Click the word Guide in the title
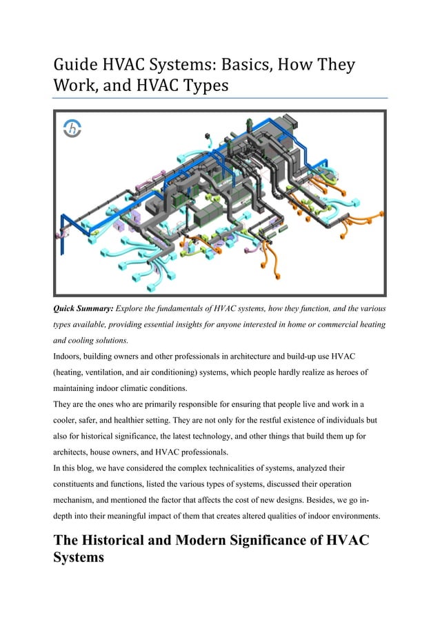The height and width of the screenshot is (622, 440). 75,66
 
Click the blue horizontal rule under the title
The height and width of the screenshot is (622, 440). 220,98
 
